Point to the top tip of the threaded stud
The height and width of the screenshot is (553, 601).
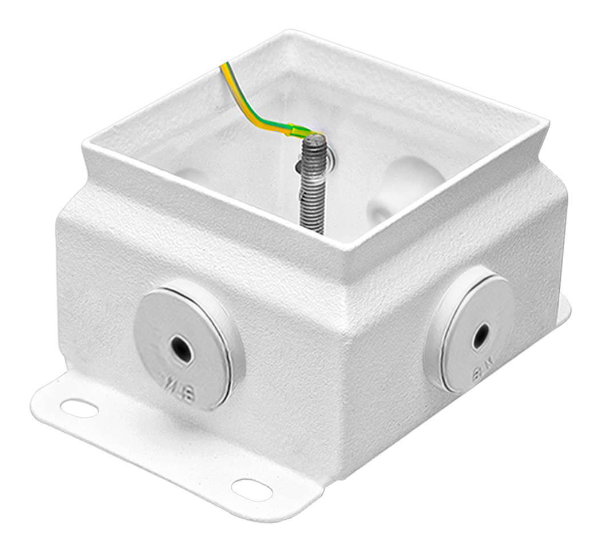pyautogui.click(x=314, y=137)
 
